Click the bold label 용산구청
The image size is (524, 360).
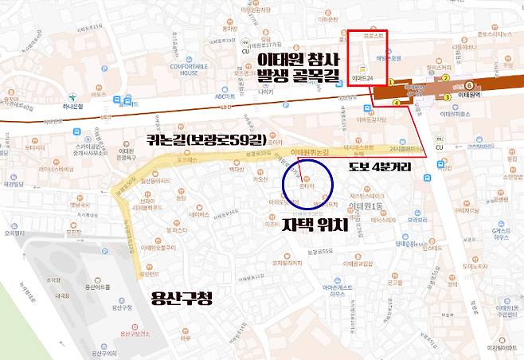(x=185, y=299)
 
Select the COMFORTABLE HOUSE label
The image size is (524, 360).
(x=189, y=68)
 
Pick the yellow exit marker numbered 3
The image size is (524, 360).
(x=447, y=97)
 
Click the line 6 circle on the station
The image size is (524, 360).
(x=469, y=85)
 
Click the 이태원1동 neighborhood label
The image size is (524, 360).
(x=365, y=206)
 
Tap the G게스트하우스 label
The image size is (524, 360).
(x=500, y=235)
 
